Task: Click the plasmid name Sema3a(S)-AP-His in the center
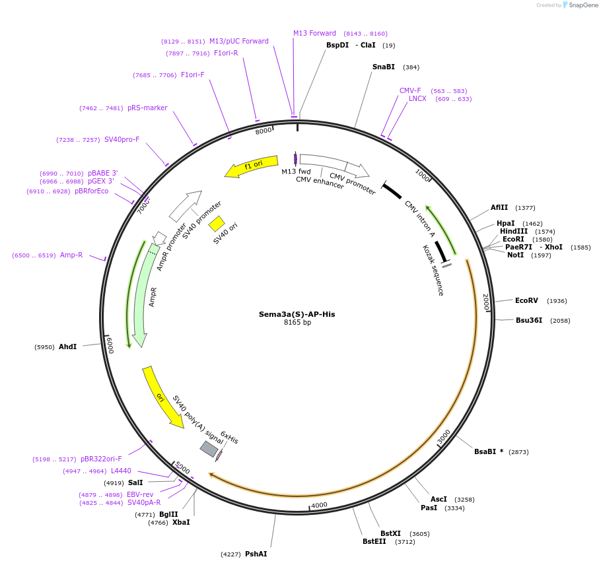click(297, 314)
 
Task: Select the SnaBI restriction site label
click(383, 67)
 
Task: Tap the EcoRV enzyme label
click(526, 300)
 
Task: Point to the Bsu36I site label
click(528, 320)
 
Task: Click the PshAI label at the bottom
click(256, 554)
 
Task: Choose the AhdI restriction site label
click(67, 347)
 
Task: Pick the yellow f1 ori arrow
click(252, 166)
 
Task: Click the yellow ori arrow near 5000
click(161, 397)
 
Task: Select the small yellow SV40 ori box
click(217, 224)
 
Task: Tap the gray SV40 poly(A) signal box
click(209, 449)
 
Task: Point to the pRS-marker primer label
click(147, 108)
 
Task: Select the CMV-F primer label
click(410, 90)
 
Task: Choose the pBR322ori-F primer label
click(101, 459)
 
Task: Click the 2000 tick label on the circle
click(486, 302)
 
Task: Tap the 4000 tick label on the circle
click(319, 505)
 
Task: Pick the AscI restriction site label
click(439, 499)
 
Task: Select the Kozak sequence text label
click(433, 270)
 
